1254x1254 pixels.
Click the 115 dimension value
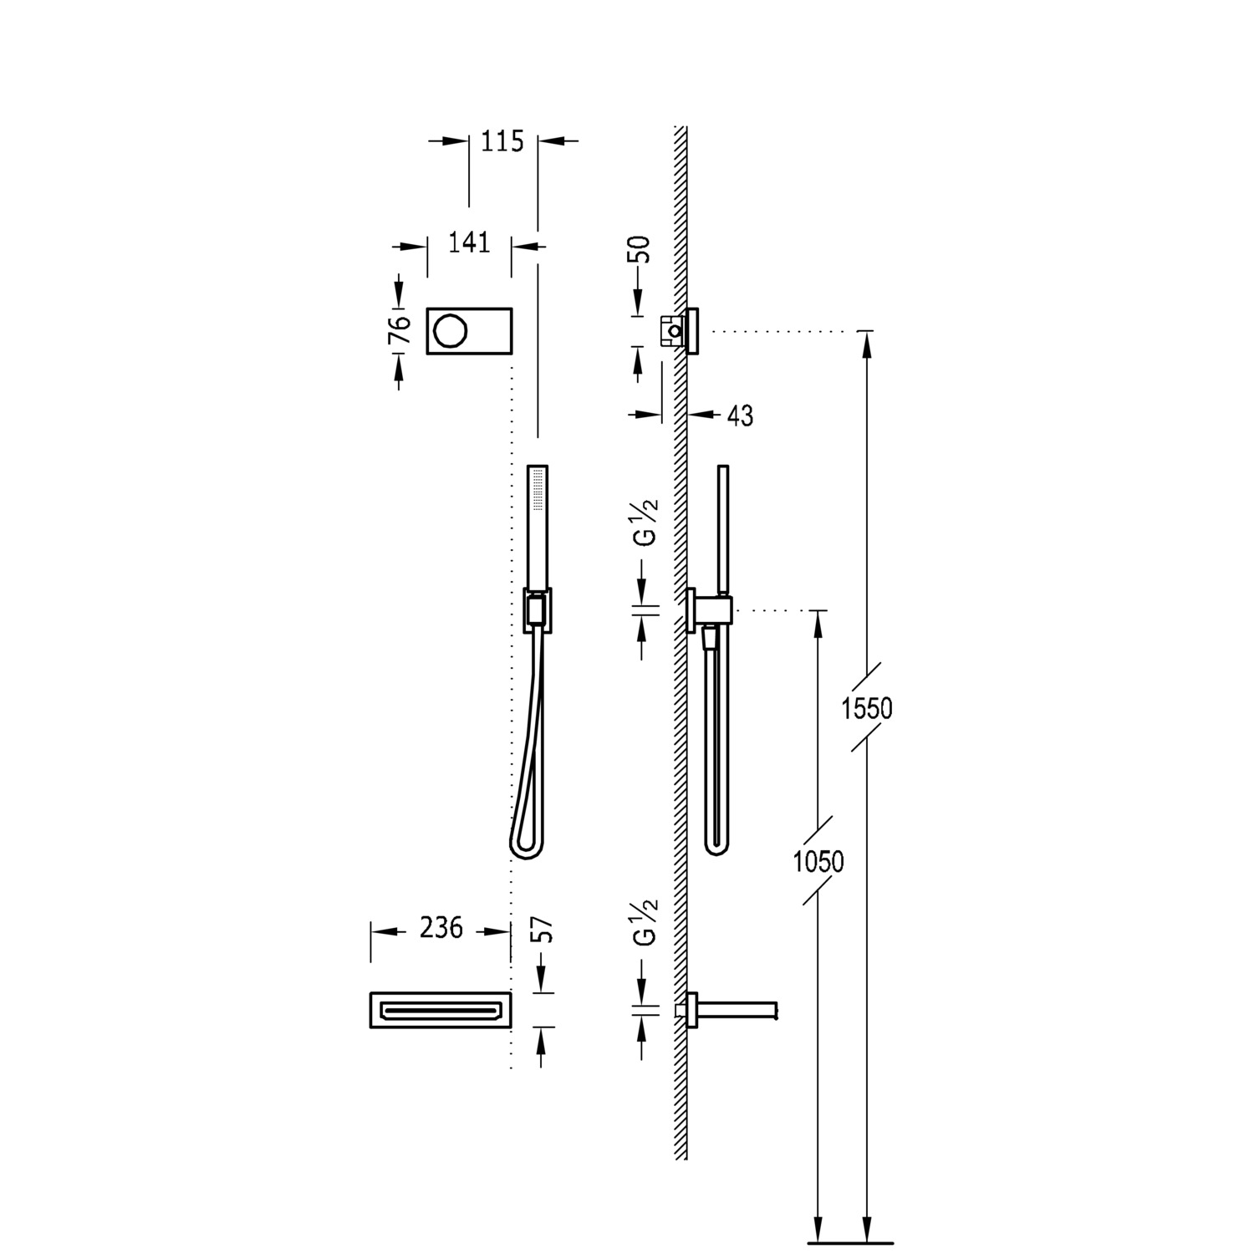[502, 141]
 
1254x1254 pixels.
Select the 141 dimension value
[469, 242]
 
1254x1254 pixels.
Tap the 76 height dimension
[400, 330]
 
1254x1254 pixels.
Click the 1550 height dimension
[867, 709]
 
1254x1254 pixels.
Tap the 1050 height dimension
[818, 861]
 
